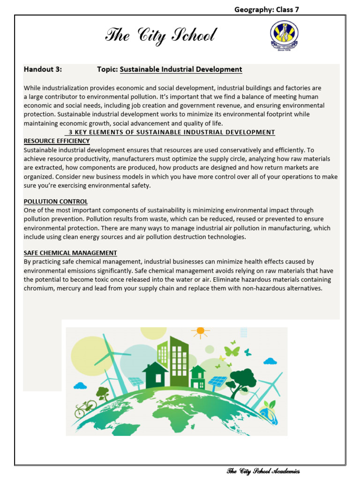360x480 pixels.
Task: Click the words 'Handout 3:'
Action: click(x=43, y=69)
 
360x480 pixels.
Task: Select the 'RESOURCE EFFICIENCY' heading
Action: click(x=57, y=141)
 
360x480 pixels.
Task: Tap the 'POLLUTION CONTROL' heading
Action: click(x=56, y=202)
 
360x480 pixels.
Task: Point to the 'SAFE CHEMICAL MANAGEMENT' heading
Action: click(x=70, y=253)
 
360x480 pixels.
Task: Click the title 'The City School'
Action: click(x=161, y=36)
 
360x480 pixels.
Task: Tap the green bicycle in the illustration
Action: click(x=85, y=408)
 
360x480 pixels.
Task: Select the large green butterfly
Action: click(x=232, y=351)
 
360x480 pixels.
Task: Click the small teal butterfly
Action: click(x=247, y=352)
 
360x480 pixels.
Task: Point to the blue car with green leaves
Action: click(x=269, y=411)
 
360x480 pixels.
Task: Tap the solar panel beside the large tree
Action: click(x=217, y=382)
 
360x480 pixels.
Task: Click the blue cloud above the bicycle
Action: click(x=80, y=385)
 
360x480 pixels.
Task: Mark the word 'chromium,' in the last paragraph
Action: click(x=40, y=288)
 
